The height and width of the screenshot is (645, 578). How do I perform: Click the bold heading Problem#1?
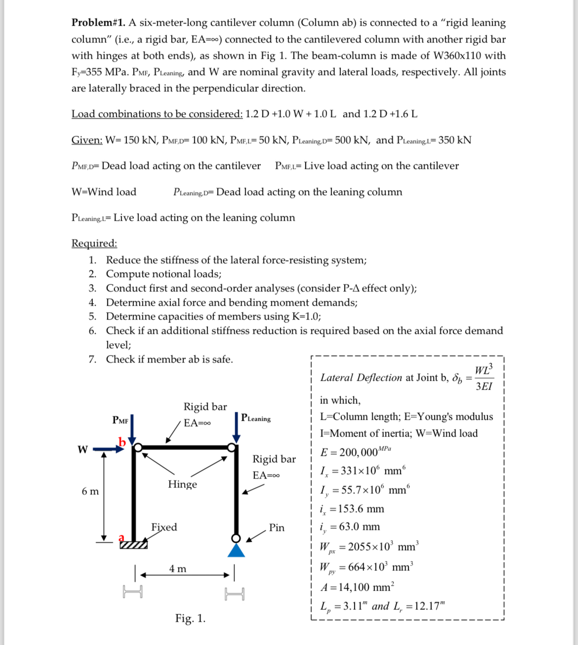[x=98, y=23]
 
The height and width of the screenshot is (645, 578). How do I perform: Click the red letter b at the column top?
[x=122, y=442]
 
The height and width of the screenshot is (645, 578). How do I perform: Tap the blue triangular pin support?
[x=236, y=550]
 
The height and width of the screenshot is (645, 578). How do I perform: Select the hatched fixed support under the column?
[x=133, y=545]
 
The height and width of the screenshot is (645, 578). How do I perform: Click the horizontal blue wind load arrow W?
[x=108, y=449]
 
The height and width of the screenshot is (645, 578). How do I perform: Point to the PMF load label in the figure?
[x=120, y=420]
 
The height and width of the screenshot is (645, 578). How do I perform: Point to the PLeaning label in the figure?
[x=256, y=418]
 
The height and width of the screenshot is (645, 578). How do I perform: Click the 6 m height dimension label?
[x=90, y=491]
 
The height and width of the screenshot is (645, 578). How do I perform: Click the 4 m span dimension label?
[x=178, y=568]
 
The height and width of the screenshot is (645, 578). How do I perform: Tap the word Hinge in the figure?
[x=182, y=484]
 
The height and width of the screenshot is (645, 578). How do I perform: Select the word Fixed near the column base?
[x=164, y=527]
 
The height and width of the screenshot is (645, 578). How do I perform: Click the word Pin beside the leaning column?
[x=277, y=527]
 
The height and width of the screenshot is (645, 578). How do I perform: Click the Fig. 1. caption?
[x=190, y=618]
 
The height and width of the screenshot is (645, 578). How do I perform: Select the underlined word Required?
[x=94, y=243]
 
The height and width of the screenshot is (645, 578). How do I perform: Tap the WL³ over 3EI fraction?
[x=483, y=378]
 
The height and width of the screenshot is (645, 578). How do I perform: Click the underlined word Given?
[x=87, y=140]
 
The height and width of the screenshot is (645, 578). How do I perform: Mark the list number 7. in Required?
[x=92, y=359]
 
